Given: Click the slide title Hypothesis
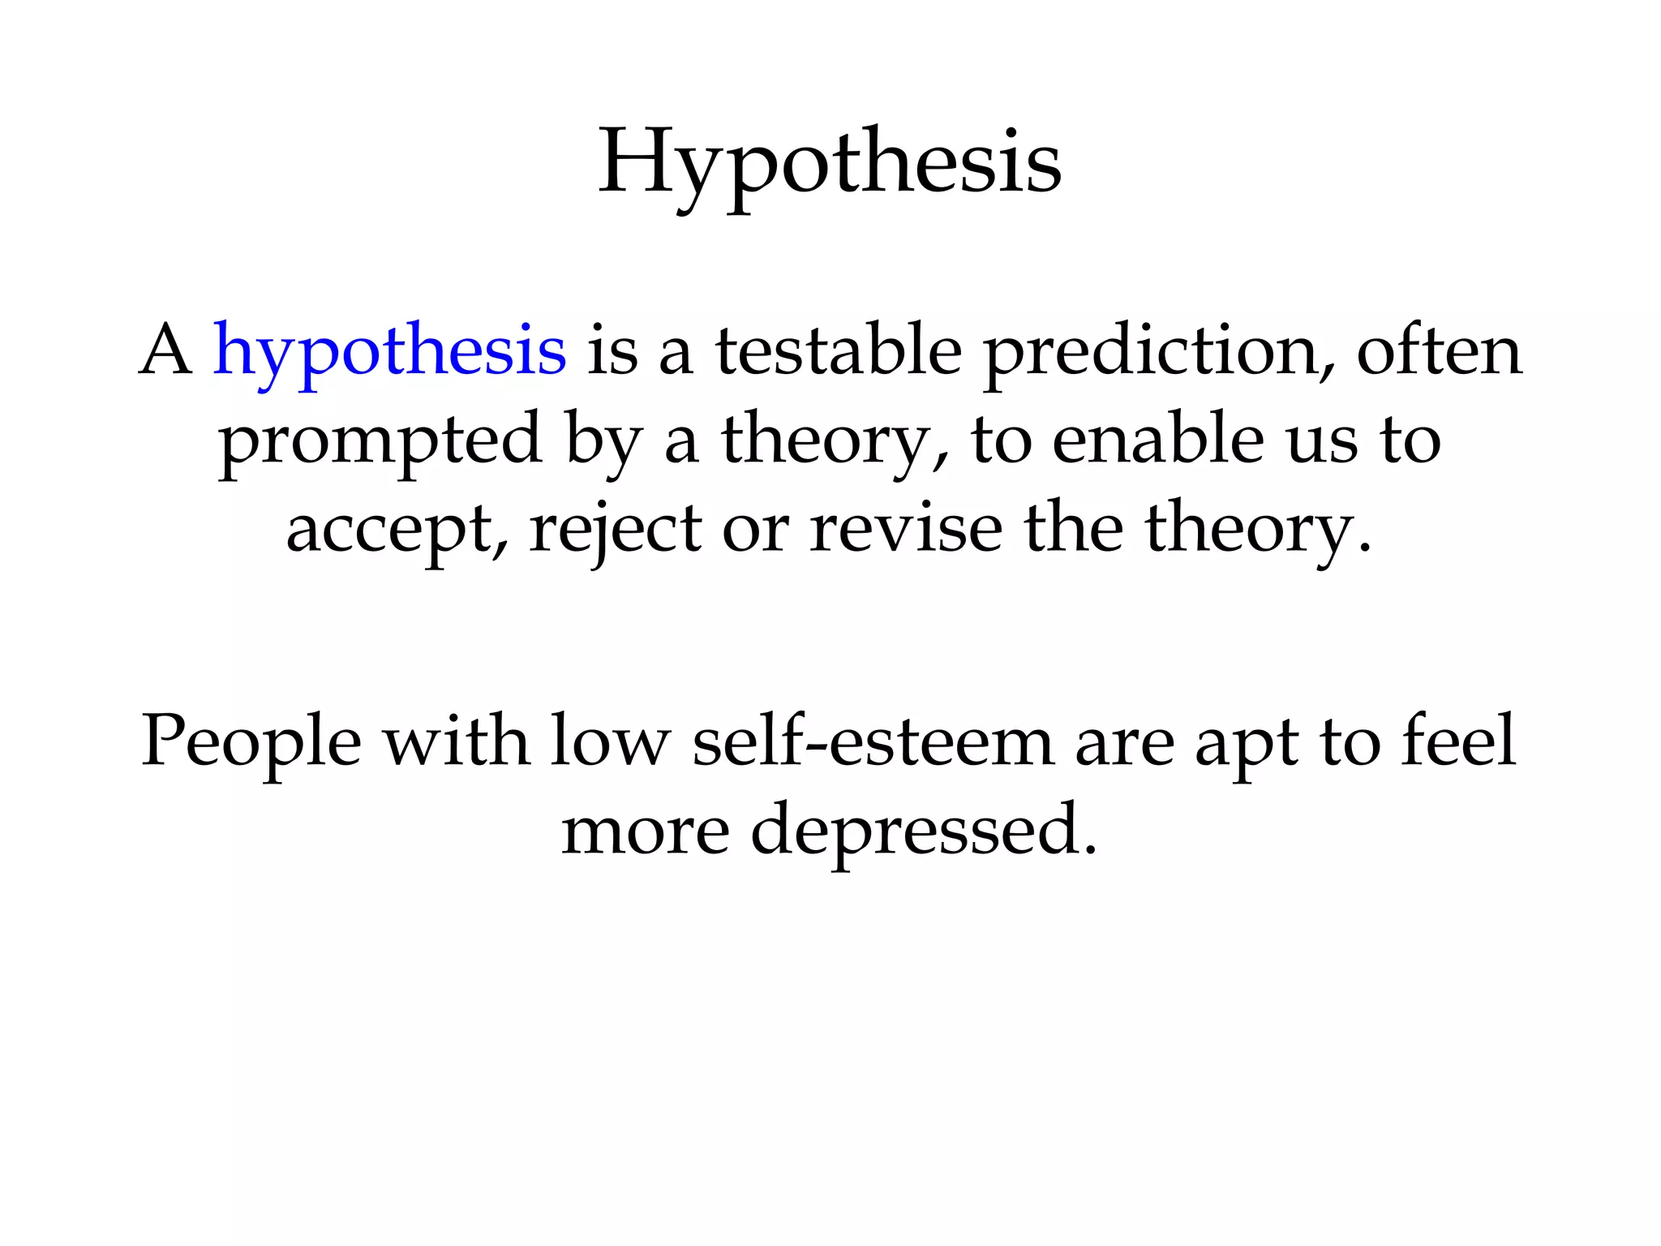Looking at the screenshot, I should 830,165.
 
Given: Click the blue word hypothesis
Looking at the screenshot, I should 389,352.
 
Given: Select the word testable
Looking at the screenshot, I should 838,350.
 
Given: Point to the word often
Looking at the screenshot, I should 1439,350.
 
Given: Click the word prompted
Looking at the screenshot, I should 380,441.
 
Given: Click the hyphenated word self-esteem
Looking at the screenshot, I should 873,741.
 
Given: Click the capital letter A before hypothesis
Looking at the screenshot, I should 166,350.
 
